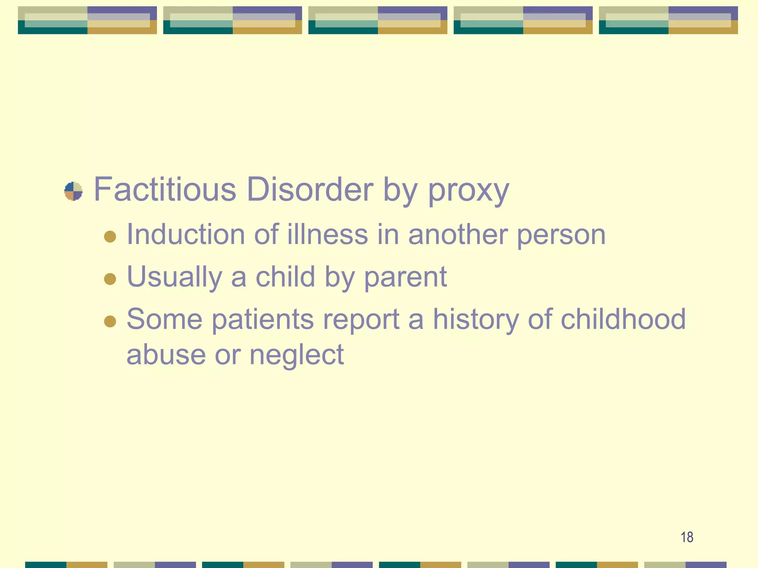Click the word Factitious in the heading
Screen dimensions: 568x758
pos(165,189)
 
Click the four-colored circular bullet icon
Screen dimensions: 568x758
pos(73,191)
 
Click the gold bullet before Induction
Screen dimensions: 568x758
pos(110,236)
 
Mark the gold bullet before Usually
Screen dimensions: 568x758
pos(110,278)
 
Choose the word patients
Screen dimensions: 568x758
pos(262,319)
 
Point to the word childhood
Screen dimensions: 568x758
pos(623,319)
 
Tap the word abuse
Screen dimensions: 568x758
pos(166,354)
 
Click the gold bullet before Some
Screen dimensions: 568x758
pos(110,321)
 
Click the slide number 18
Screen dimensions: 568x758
pos(687,537)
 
